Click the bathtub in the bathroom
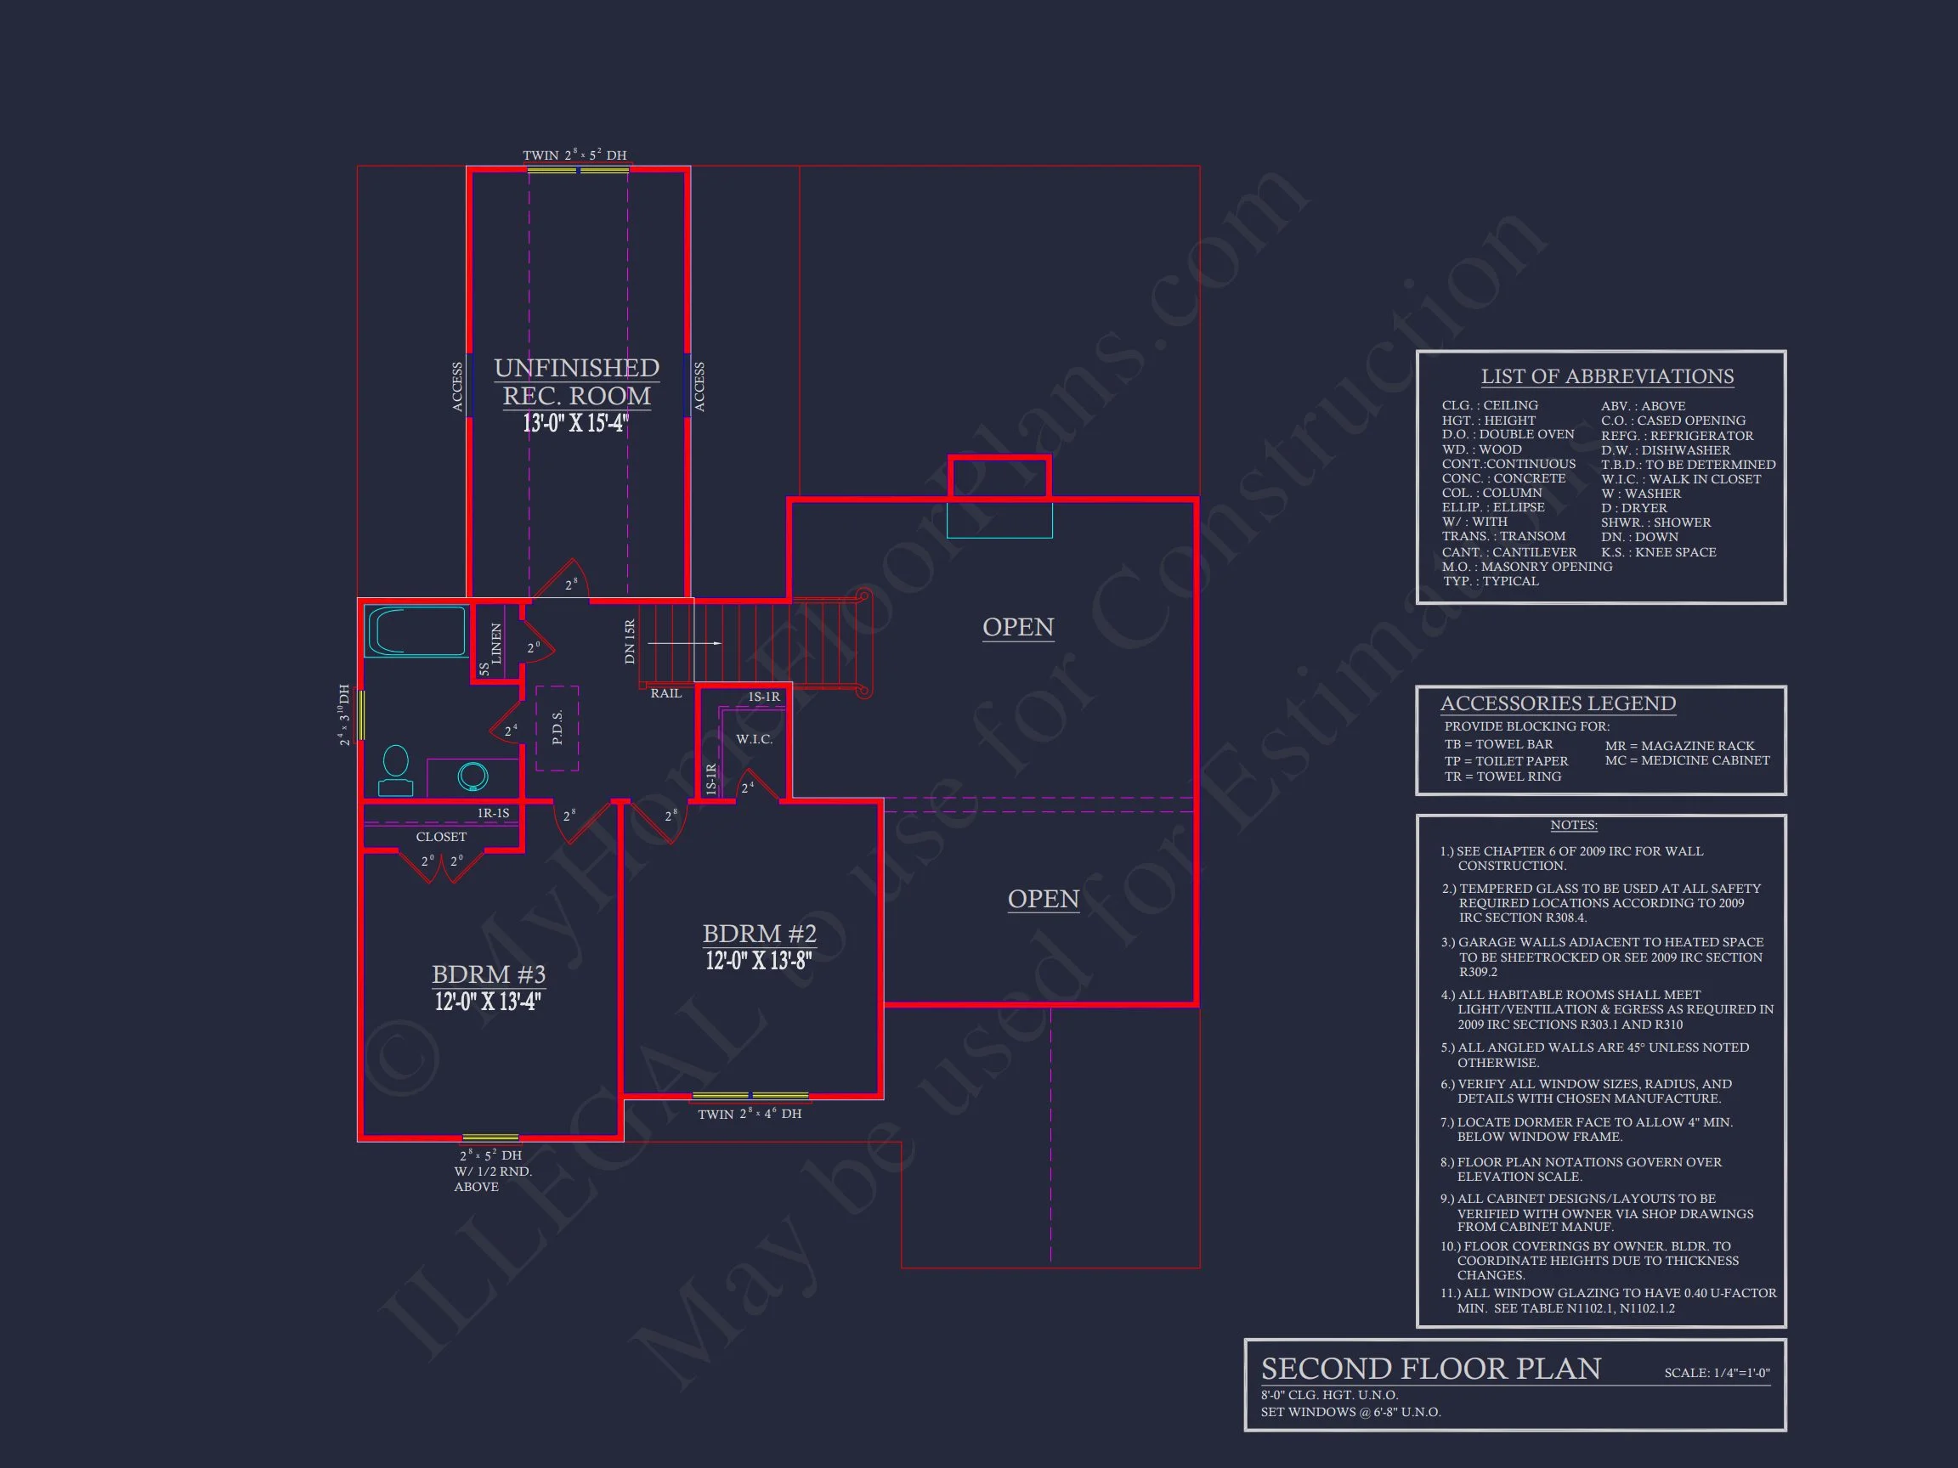(x=416, y=631)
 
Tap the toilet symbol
(x=396, y=771)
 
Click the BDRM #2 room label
(x=759, y=934)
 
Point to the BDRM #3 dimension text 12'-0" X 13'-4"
(x=487, y=1002)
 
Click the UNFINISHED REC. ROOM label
(x=576, y=381)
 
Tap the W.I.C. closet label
(x=754, y=739)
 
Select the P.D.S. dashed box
(x=557, y=728)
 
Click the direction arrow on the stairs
(x=704, y=643)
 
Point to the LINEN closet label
(x=496, y=643)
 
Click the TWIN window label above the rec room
(x=574, y=155)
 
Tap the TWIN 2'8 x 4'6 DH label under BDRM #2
(x=749, y=1114)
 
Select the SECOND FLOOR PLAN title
(x=1430, y=1369)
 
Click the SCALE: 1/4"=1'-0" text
(x=1717, y=1374)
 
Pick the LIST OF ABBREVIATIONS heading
(x=1606, y=377)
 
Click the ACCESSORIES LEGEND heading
(x=1557, y=703)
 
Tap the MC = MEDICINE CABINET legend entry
(x=1687, y=760)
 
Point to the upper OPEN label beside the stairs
(x=1018, y=626)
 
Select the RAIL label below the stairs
(x=665, y=694)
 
